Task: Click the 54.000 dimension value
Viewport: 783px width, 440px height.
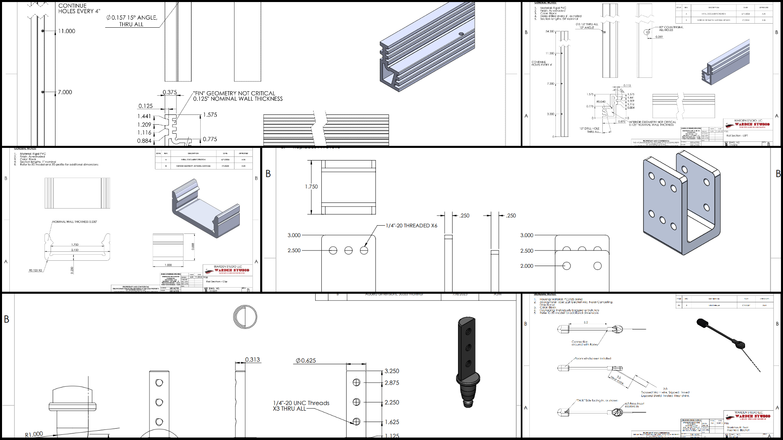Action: point(549,31)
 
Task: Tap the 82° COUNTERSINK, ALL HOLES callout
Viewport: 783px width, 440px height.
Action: point(671,29)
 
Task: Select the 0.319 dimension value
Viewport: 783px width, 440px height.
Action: point(659,37)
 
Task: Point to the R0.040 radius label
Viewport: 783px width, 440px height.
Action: point(601,102)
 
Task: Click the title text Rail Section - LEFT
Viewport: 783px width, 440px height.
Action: point(737,136)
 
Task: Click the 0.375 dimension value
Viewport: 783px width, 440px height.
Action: point(170,92)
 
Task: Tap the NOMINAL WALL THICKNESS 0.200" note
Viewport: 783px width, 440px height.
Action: point(75,222)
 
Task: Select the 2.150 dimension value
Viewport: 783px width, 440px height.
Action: point(75,250)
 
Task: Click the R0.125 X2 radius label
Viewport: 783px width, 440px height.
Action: point(35,271)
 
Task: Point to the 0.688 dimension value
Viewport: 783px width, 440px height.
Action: point(193,246)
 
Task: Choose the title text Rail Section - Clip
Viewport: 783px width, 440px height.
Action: point(217,282)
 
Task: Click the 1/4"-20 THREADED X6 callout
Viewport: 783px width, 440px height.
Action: point(411,226)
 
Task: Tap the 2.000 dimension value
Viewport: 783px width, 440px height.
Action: point(526,266)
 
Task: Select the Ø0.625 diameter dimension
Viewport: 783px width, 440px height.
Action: point(306,361)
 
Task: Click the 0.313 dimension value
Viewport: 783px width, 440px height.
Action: point(252,360)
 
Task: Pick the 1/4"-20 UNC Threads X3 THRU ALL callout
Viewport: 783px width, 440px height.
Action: point(301,406)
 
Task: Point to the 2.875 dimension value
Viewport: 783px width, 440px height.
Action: point(392,383)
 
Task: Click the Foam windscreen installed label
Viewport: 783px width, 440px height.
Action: point(593,359)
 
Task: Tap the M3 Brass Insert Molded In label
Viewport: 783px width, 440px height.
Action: point(635,405)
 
